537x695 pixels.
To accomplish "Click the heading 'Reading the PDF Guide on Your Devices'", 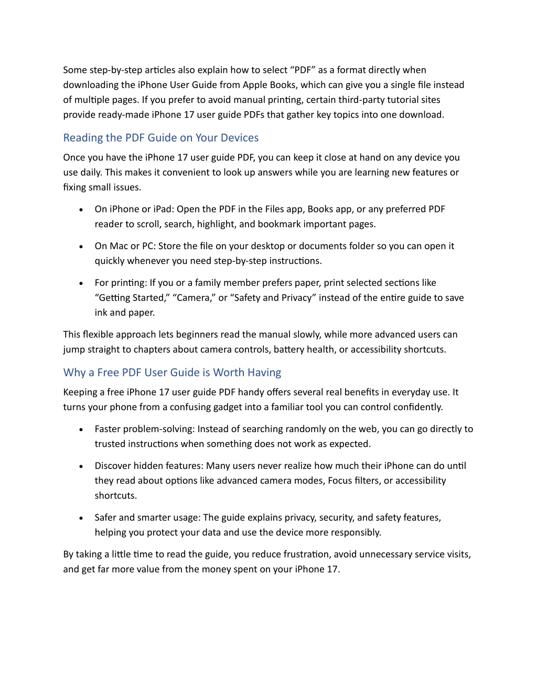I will point(160,138).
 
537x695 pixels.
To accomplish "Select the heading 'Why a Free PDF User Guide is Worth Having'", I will point(172,373).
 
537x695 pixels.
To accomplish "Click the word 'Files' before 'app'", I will point(274,209).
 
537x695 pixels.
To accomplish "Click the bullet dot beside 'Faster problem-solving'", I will point(81,430).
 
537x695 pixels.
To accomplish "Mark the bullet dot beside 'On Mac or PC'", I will point(81,247).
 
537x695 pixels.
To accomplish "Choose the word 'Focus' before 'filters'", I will point(340,480).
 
